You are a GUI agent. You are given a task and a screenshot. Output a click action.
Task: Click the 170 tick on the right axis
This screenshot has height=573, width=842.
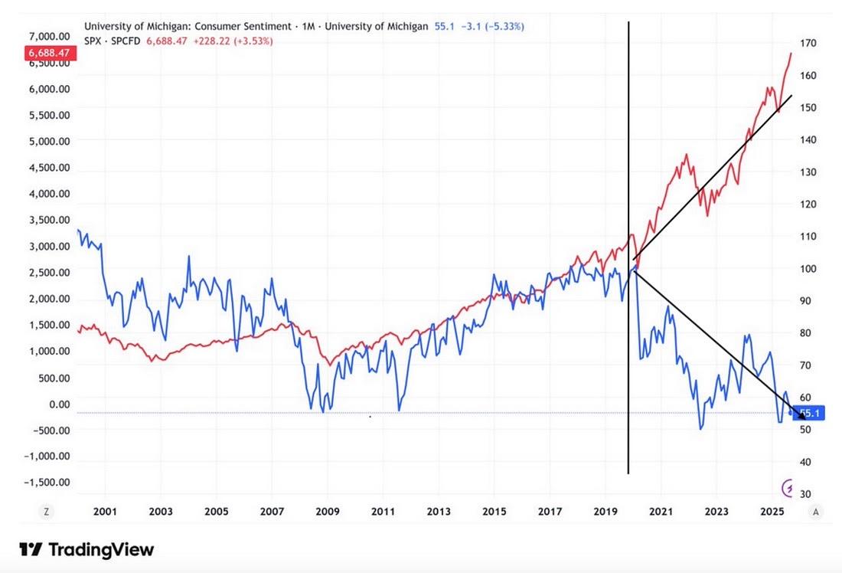point(811,44)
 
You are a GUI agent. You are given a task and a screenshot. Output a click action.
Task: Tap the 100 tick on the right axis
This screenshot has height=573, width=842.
point(811,269)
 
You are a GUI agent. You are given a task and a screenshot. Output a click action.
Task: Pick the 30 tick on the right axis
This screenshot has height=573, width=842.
point(808,494)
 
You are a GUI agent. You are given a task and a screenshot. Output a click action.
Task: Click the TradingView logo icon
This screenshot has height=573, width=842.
point(31,549)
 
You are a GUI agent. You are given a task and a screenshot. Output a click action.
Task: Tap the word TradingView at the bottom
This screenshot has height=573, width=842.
point(101,549)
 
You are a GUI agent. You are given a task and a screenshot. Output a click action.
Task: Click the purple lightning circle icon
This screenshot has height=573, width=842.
point(786,487)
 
